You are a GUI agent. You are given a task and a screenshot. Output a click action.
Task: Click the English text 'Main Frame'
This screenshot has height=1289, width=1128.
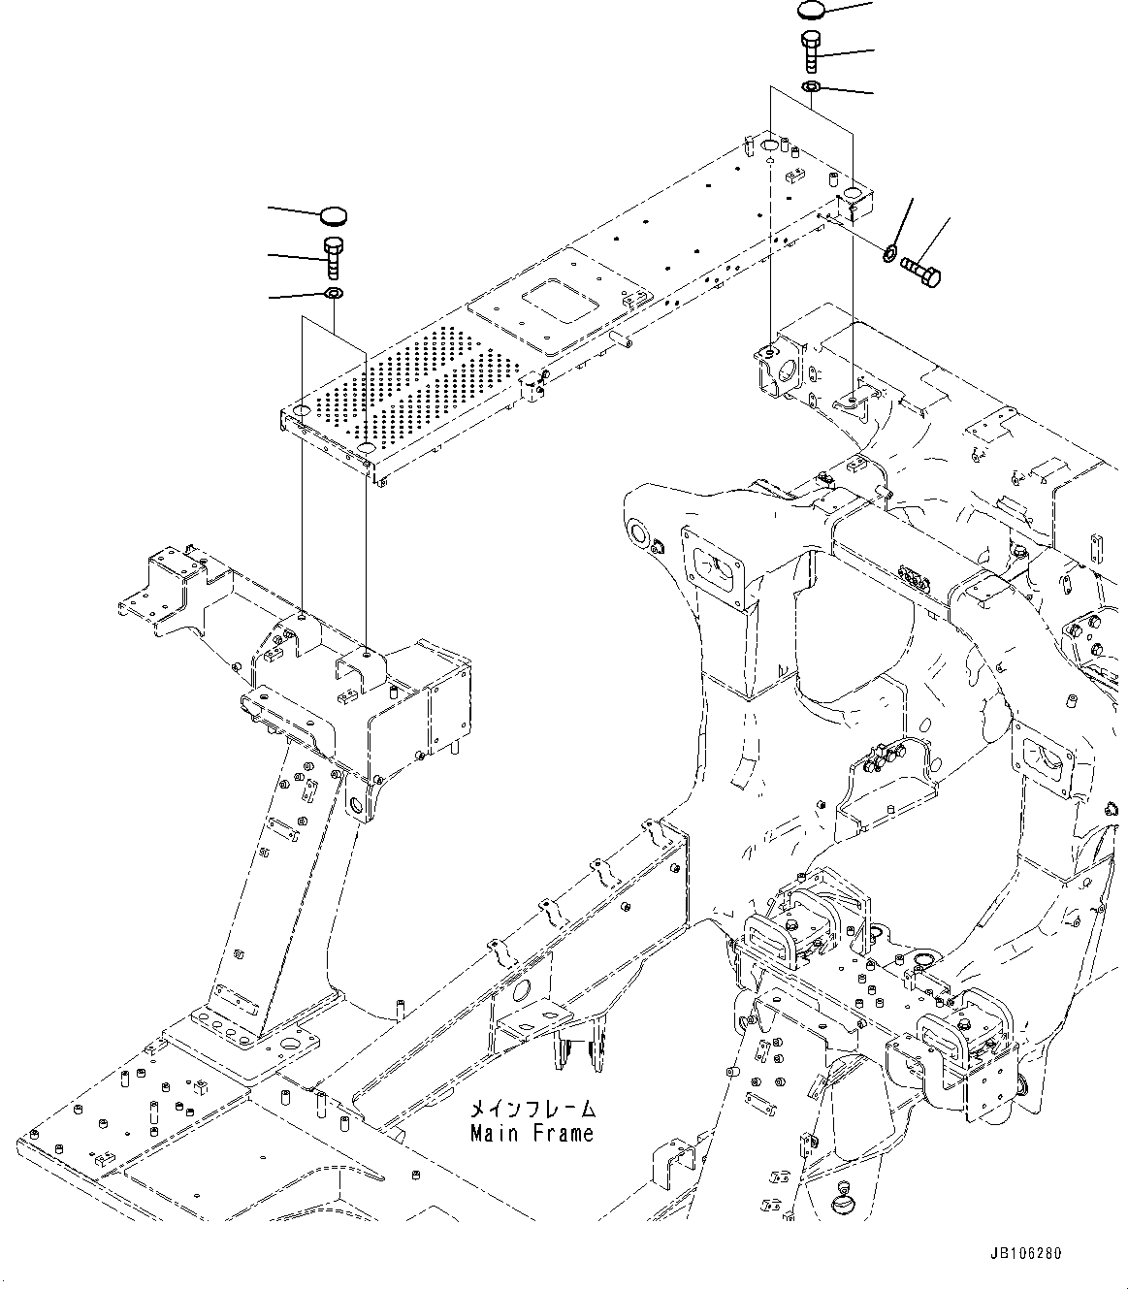click(532, 1133)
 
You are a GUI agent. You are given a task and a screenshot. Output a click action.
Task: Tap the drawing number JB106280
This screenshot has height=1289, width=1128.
click(1026, 1253)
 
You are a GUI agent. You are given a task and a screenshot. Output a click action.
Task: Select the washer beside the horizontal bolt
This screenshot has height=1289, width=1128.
click(888, 255)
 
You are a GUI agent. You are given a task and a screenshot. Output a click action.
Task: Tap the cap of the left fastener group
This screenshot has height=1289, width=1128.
click(332, 214)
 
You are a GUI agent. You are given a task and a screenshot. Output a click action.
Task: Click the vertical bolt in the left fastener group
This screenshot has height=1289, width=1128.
click(332, 256)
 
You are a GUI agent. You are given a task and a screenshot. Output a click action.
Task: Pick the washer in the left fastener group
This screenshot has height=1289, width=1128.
click(332, 294)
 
